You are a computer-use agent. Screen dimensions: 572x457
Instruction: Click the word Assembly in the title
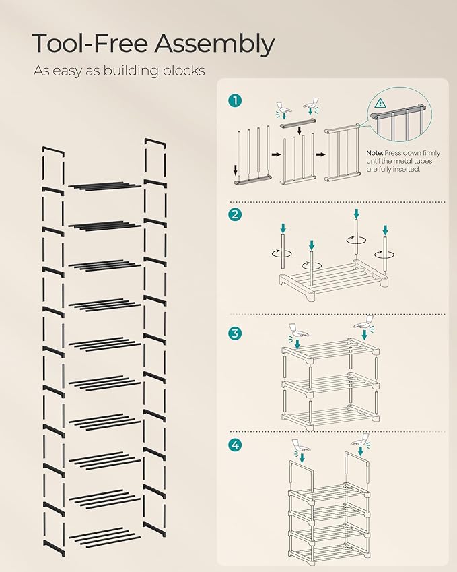point(214,44)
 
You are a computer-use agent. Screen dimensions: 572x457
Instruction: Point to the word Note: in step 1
point(376,153)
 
